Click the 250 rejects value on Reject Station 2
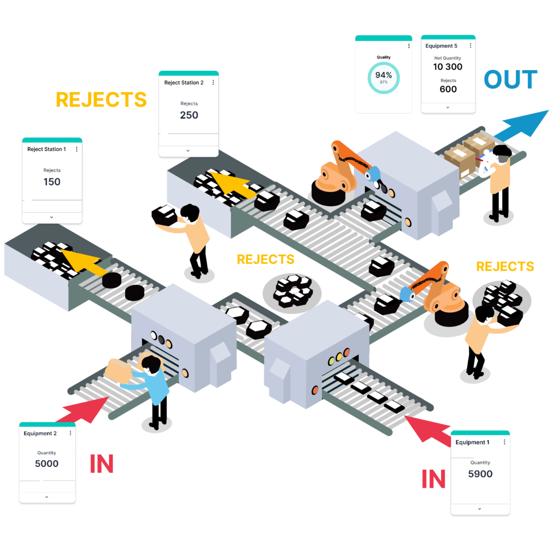189,115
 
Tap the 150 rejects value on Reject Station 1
52,182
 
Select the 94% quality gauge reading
383,75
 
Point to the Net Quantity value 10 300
448,67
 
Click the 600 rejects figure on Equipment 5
448,89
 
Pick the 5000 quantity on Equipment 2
47,464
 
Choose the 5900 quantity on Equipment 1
480,474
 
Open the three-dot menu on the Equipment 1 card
504,442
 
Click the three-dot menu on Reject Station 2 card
213,82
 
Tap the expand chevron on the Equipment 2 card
47,497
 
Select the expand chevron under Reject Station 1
52,217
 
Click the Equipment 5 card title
441,46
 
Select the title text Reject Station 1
47,149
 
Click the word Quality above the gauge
383,57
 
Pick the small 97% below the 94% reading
383,82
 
